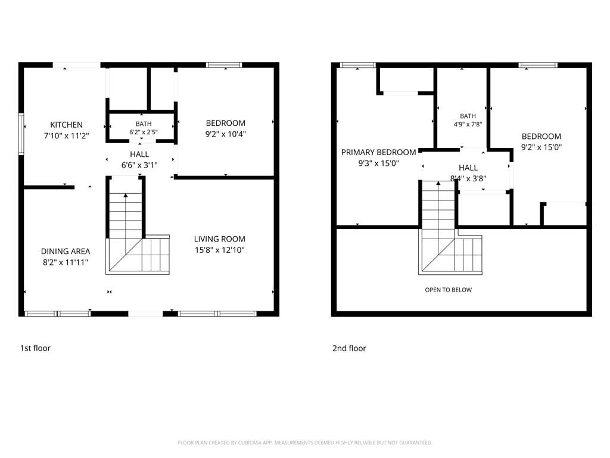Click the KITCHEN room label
tap(66, 125)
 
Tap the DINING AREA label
tap(66, 251)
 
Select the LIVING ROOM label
tap(219, 239)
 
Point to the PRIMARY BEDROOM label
tap(378, 152)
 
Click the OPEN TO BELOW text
tap(448, 290)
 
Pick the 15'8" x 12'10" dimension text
tap(219, 250)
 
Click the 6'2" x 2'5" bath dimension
tap(144, 132)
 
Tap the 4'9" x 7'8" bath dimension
tap(468, 124)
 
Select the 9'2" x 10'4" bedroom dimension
tap(226, 134)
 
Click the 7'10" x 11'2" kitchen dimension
tap(66, 135)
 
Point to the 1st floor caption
tap(35, 348)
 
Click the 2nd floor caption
tap(349, 348)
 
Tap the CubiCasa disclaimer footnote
tap(305, 442)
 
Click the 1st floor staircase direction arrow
tap(125, 216)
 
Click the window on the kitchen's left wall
tap(21, 134)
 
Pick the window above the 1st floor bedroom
tap(224, 64)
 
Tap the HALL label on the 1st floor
tap(139, 154)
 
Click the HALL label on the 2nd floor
tap(468, 168)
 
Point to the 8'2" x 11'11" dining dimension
tap(66, 262)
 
